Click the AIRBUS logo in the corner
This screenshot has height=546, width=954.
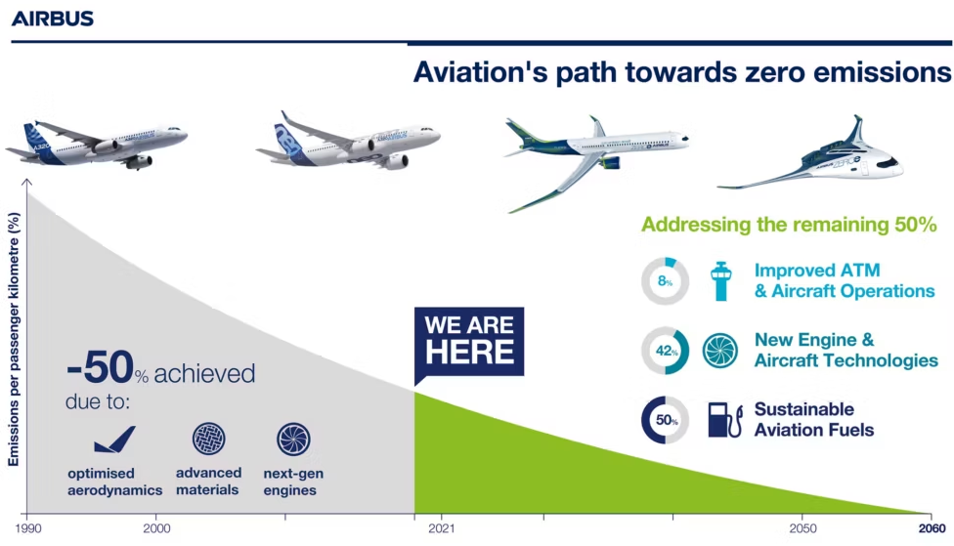pyautogui.click(x=53, y=19)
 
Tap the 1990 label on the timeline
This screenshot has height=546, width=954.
pyautogui.click(x=28, y=528)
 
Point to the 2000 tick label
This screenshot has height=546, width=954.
pyautogui.click(x=157, y=528)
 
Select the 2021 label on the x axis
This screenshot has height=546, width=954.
pyautogui.click(x=441, y=528)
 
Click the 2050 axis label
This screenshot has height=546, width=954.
pyautogui.click(x=802, y=528)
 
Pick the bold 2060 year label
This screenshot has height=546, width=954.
pyautogui.click(x=932, y=528)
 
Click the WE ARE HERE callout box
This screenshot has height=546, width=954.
pyautogui.click(x=469, y=342)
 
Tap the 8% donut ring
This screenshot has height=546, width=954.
pyautogui.click(x=666, y=262)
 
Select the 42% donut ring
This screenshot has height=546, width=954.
pyautogui.click(x=686, y=351)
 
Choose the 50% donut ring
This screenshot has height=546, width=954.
pyautogui.click(x=645, y=420)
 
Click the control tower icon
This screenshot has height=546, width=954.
pyautogui.click(x=721, y=281)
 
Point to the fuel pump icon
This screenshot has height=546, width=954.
pyautogui.click(x=725, y=420)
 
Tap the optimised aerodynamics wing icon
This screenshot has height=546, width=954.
pyautogui.click(x=115, y=440)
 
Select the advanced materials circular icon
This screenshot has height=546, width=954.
pyautogui.click(x=209, y=439)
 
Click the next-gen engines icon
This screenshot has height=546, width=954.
pyautogui.click(x=293, y=439)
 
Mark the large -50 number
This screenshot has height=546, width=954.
pyautogui.click(x=100, y=367)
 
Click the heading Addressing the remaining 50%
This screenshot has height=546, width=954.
pyautogui.click(x=789, y=225)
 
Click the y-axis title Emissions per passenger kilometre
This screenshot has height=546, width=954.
pyautogui.click(x=14, y=339)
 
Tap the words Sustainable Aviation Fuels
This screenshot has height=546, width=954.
pyautogui.click(x=814, y=420)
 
